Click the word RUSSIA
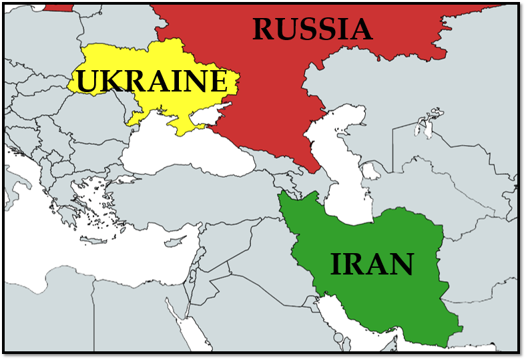point(312,29)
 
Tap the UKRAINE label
point(151,81)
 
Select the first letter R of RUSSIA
point(266,29)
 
